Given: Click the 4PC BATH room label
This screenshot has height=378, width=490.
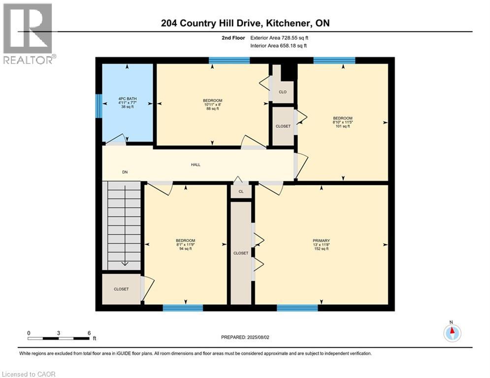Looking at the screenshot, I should click(128, 98).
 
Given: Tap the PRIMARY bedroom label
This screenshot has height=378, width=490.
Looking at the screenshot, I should click(321, 241).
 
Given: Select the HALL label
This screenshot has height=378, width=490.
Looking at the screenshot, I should click(196, 165).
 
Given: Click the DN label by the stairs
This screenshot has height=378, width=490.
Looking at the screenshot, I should click(125, 172).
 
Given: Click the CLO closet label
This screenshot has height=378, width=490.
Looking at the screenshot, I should click(283, 92).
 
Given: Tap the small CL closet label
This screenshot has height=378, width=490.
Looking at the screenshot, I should click(241, 192).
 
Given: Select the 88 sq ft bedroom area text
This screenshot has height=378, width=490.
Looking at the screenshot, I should click(212, 109).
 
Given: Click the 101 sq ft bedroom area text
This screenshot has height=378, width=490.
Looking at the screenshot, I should click(342, 126).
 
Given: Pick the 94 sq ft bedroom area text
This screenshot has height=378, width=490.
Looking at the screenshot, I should click(186, 249).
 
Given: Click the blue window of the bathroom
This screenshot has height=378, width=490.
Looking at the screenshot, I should click(99, 106).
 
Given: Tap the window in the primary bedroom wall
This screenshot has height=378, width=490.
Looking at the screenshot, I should click(297, 308).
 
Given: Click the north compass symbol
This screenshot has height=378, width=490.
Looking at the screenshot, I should click(452, 333).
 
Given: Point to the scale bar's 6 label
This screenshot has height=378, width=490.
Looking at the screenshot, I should click(89, 333).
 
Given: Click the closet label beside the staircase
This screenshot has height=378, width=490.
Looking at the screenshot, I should click(121, 289).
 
